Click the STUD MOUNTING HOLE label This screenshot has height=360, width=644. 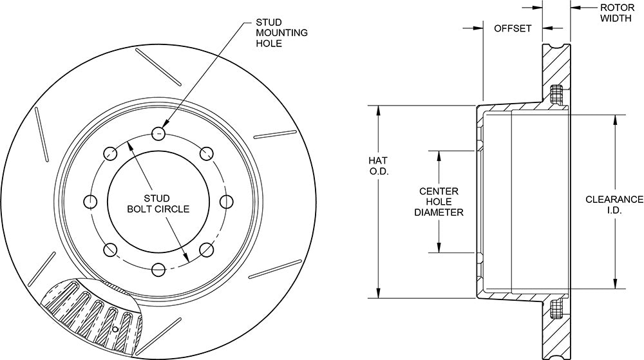(281, 32)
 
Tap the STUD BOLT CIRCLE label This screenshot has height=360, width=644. (158, 204)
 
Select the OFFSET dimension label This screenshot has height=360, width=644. (513, 28)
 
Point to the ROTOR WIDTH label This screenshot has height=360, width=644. (617, 13)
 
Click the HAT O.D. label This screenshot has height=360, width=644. (378, 166)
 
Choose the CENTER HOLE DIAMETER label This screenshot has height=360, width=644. (439, 202)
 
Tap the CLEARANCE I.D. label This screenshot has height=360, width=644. (614, 205)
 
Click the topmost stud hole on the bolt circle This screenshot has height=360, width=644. (158, 133)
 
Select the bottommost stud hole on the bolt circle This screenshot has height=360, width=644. (158, 270)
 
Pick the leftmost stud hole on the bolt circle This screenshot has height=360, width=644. (90, 202)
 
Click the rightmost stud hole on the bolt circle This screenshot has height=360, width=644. (227, 202)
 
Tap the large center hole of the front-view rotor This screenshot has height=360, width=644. (158, 202)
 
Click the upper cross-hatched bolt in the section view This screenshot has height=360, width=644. (556, 95)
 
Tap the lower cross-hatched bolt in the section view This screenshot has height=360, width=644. (556, 309)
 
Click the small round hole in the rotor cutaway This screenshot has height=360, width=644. (115, 329)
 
